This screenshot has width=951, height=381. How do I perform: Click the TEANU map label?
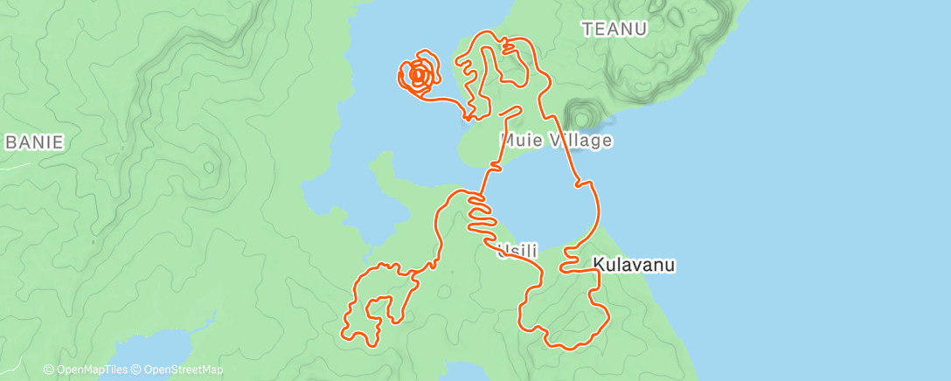pos(614,29)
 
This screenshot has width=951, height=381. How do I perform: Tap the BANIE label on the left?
pos(35,142)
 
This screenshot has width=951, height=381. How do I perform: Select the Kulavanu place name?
pos(635,263)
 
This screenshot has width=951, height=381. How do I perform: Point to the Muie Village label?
pos(556,140)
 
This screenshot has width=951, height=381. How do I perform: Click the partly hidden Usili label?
pos(517,251)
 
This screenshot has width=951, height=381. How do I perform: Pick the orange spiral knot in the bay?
pos(419,76)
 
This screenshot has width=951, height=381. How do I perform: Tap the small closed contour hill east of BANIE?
pos(210,166)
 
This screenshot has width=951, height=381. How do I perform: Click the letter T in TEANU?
pos(587,29)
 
